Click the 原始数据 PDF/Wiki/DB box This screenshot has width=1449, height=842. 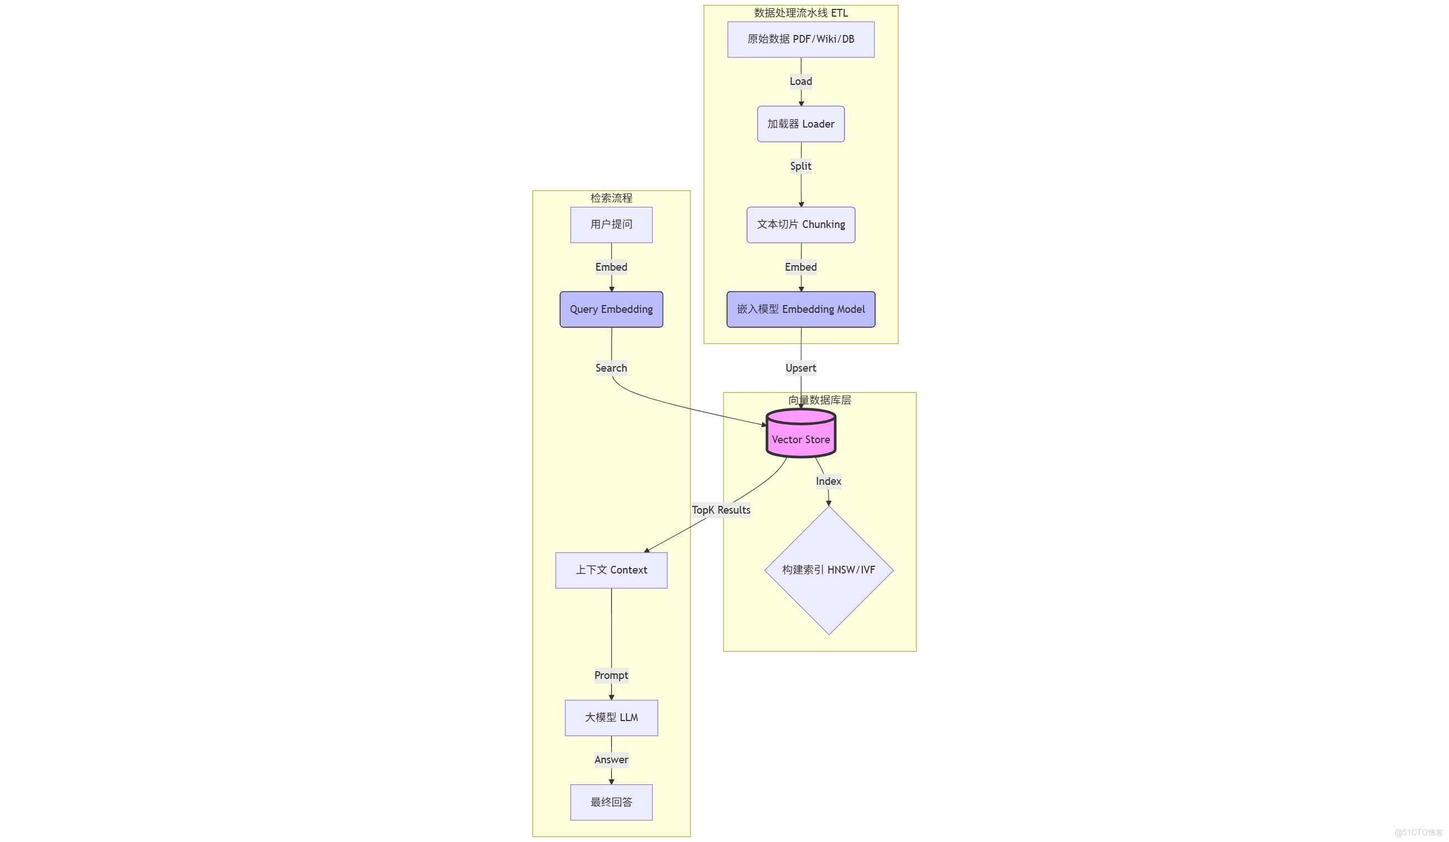(x=800, y=39)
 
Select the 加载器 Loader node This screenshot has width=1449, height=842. (x=800, y=124)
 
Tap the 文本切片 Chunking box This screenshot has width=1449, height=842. (x=800, y=224)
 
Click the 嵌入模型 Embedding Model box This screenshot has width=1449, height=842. (x=800, y=310)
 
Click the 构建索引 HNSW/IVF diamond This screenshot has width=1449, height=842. (x=828, y=570)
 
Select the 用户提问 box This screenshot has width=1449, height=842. (x=611, y=224)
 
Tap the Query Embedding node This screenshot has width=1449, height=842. (x=611, y=310)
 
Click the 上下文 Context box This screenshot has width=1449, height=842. (x=611, y=570)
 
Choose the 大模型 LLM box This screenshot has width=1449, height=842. (x=611, y=717)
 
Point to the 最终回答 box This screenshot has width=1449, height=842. (x=611, y=802)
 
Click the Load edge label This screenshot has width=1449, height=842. (x=800, y=81)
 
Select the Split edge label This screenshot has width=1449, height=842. (x=800, y=166)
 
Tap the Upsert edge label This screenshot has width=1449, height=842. (x=800, y=368)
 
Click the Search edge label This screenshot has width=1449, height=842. (x=611, y=368)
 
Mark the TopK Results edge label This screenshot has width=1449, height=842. (x=720, y=510)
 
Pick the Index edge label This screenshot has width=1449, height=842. (x=828, y=481)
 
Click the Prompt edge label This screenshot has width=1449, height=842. (x=611, y=675)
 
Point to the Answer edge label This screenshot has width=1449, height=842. (x=611, y=760)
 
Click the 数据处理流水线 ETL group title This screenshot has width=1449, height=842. (x=800, y=13)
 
